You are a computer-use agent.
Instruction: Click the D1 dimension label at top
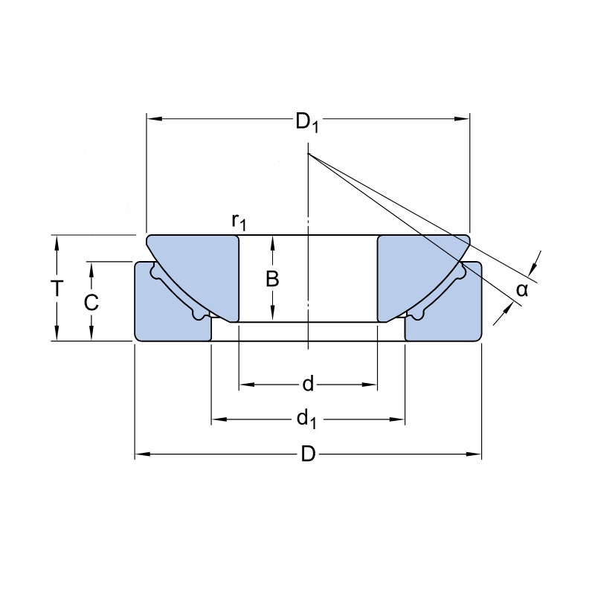pos(306,123)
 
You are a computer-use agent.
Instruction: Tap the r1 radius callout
pos(239,222)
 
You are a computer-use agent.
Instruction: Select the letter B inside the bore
pos(272,279)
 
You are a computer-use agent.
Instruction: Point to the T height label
pos(57,288)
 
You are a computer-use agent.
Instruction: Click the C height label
pos(91,303)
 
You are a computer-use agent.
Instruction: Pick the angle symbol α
pos(522,290)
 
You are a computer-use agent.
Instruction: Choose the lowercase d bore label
pos(308,384)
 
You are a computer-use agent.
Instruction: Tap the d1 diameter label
pos(306,419)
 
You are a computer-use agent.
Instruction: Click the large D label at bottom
pos(308,454)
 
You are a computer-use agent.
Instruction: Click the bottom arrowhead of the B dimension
pos(272,314)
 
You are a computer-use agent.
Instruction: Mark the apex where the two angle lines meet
pos(308,153)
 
